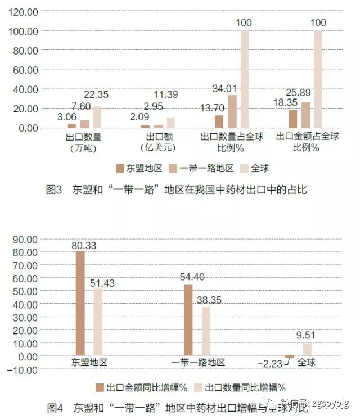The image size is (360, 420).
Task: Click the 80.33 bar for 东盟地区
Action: pos(80,304)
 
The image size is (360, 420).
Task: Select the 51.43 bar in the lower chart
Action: pos(98,323)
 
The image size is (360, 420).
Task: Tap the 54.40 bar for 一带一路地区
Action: pos(188,320)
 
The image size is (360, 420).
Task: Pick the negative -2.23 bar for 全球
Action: pos(289,357)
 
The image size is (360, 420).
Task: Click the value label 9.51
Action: pos(307,336)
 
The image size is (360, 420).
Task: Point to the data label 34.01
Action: pos(225,88)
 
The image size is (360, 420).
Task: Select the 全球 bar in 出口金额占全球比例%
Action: pos(318,79)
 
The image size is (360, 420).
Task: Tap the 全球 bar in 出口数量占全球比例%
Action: pos(245,79)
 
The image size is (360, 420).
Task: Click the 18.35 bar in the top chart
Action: pos(293,119)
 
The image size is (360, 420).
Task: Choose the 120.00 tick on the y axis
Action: pos(24,11)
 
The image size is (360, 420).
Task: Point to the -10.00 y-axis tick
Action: pos(22,369)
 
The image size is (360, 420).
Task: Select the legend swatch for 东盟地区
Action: pos(119,168)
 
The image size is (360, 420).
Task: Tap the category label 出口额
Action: pos(157,137)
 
